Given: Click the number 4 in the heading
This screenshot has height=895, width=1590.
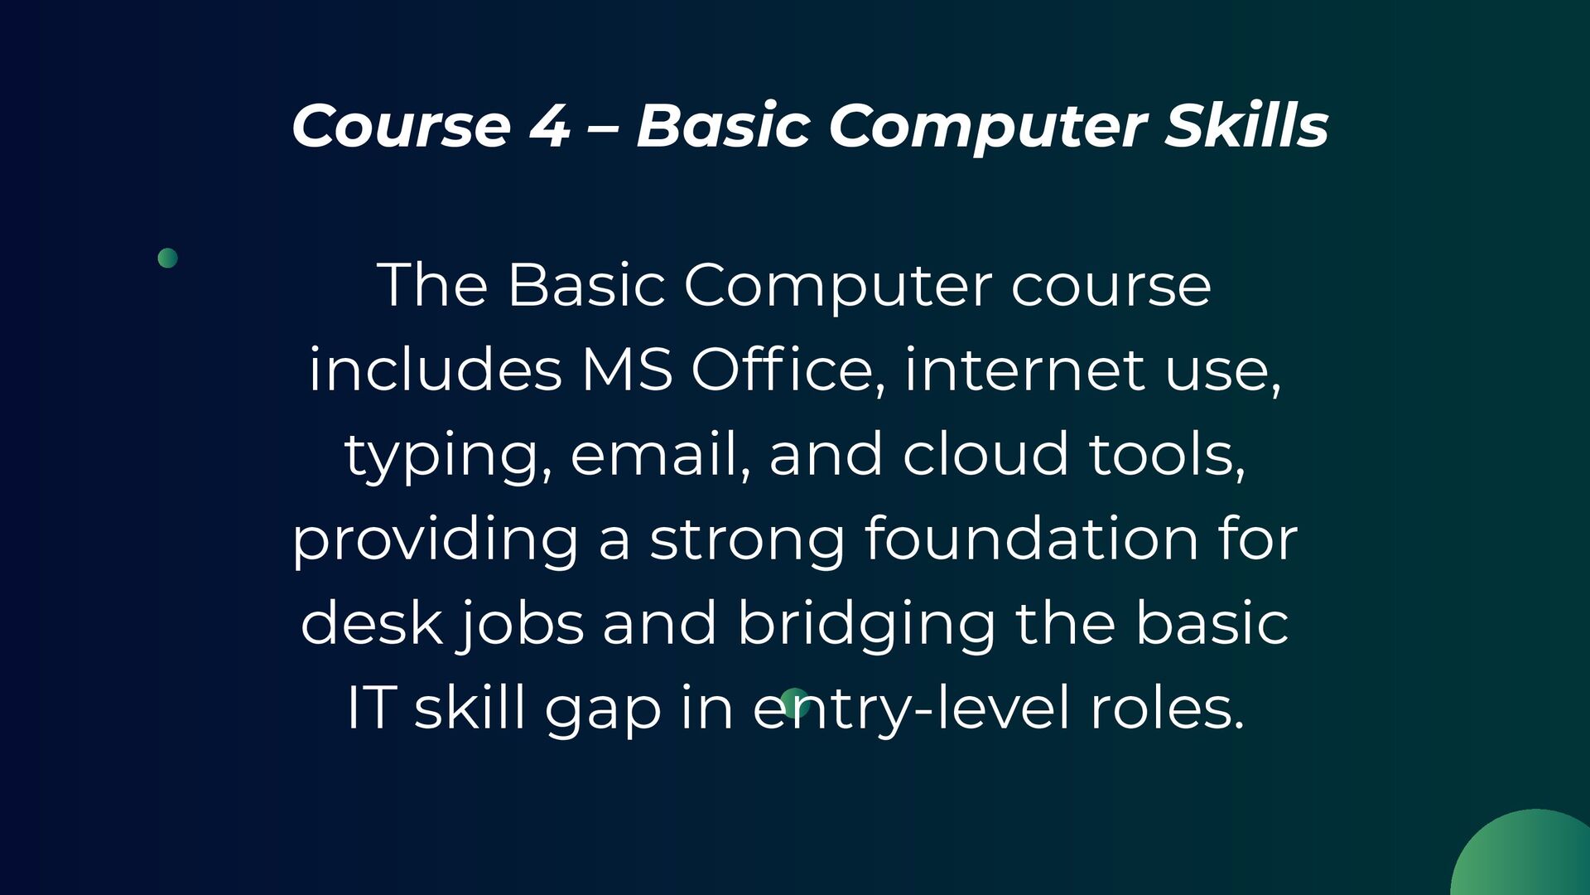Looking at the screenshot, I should pyautogui.click(x=549, y=126).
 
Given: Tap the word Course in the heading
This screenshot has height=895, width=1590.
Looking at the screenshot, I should pyautogui.click(x=401, y=126).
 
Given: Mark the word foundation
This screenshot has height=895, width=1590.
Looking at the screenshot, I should pyautogui.click(x=1031, y=539).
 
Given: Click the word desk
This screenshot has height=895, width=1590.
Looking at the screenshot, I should pyautogui.click(x=370, y=623).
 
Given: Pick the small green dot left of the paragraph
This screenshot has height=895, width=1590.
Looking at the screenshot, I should pyautogui.click(x=167, y=258).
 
